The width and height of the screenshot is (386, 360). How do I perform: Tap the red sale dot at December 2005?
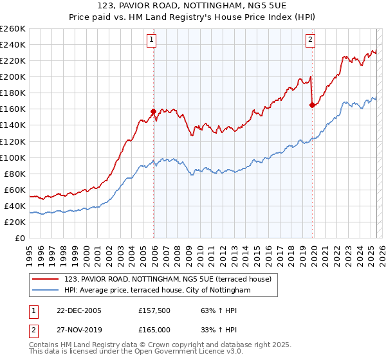pyautogui.click(x=154, y=111)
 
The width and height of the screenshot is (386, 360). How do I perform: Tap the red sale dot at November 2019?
pyautogui.click(x=312, y=105)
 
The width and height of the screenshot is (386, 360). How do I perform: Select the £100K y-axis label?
pyautogui.click(x=13, y=157)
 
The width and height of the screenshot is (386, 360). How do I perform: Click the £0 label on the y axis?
pyautogui.click(x=19, y=239)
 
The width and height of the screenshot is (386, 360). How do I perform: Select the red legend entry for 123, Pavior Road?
pyautogui.click(x=169, y=279)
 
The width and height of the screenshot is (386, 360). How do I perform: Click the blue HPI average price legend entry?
pyautogui.click(x=158, y=291)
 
